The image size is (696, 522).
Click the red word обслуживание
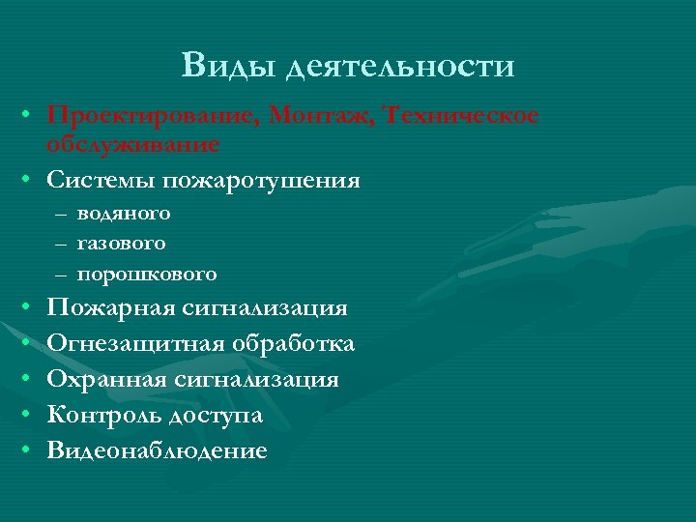click(133, 144)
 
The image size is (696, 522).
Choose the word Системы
click(100, 180)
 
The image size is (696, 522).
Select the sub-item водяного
click(124, 212)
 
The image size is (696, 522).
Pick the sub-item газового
click(121, 243)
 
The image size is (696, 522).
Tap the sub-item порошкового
click(146, 274)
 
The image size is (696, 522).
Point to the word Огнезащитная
click(136, 344)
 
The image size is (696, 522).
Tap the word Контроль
click(106, 415)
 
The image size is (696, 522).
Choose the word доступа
click(217, 416)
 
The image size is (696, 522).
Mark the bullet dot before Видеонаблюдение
click(30, 450)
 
